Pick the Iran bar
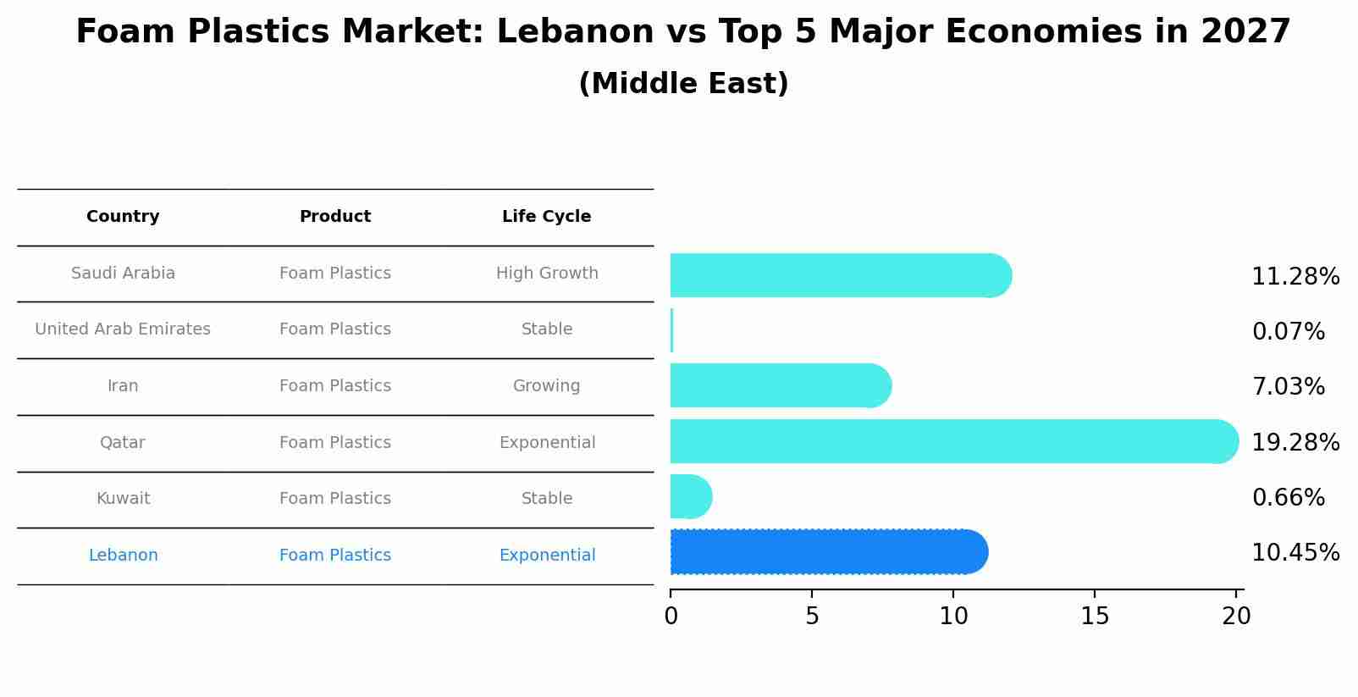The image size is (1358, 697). click(x=780, y=385)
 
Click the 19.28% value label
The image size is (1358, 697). click(x=1295, y=442)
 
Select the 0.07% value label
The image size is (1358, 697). click(x=1288, y=331)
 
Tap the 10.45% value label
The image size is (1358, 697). click(x=1295, y=553)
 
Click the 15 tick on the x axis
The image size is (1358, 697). click(x=1095, y=617)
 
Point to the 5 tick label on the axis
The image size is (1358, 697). click(x=812, y=617)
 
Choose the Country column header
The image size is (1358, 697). click(x=123, y=217)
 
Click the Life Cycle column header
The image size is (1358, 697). click(x=546, y=217)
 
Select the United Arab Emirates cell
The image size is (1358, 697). click(x=123, y=329)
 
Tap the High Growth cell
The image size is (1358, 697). click(x=547, y=274)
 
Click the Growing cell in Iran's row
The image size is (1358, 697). click(x=546, y=386)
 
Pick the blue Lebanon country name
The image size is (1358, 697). click(x=123, y=556)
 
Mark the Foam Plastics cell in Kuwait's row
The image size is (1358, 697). click(x=335, y=499)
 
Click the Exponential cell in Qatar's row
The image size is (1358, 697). click(x=547, y=443)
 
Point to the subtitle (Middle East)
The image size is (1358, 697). click(x=683, y=84)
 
